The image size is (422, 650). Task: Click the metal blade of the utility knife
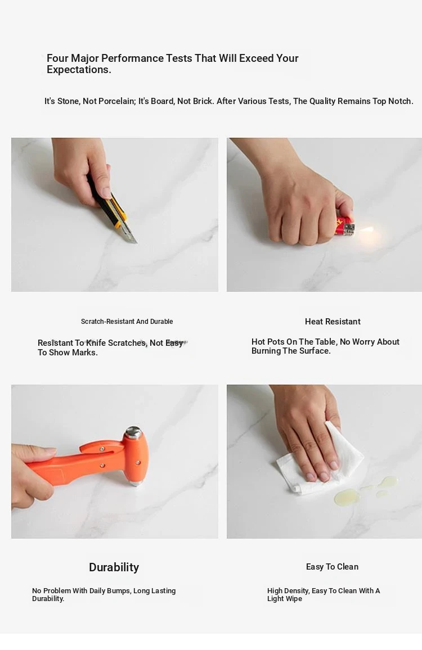131,234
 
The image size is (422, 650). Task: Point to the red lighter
345,227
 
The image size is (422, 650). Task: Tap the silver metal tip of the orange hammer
133,432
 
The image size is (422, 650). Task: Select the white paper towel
320,460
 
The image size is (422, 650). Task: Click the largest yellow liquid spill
347,496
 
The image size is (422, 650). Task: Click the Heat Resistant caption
333,322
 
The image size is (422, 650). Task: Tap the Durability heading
114,567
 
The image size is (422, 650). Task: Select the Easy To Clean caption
333,567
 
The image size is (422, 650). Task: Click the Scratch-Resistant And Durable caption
127,321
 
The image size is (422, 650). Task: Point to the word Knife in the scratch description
96,343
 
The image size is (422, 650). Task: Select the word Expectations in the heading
79,70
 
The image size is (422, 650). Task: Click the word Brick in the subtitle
202,101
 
